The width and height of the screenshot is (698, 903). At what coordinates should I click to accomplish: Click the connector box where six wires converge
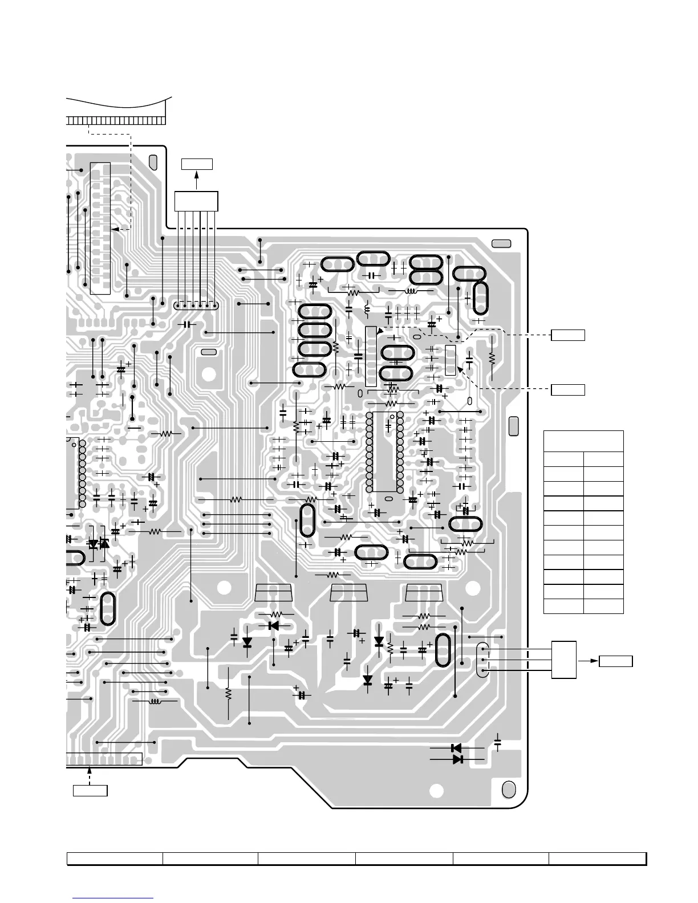[x=196, y=201]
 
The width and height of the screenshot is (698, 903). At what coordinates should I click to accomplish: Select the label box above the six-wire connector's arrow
[x=197, y=164]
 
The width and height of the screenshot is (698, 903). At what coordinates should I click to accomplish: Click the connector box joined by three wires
[x=564, y=660]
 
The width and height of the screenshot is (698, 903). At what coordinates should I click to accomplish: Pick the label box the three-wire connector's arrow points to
[x=616, y=661]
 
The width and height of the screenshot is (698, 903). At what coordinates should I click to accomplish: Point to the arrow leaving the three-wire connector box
[x=589, y=661]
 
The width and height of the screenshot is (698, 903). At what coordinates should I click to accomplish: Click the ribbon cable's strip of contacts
[x=116, y=121]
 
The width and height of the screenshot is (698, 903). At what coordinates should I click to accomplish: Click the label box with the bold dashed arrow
[x=90, y=791]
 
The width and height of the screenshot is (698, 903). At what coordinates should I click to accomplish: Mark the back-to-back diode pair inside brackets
[x=98, y=544]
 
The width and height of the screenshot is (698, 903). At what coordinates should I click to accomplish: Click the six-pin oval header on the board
[x=196, y=306]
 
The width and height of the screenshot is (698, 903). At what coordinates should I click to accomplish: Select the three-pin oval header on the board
[x=482, y=660]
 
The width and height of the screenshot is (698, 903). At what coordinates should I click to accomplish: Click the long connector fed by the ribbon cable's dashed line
[x=100, y=228]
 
